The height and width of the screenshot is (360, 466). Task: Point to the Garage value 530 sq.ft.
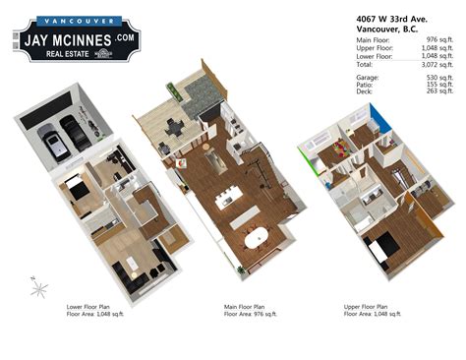pyautogui.click(x=436, y=75)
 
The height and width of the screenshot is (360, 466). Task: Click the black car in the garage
pyautogui.click(x=74, y=130)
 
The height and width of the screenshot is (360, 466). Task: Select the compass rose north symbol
pyautogui.click(x=39, y=288)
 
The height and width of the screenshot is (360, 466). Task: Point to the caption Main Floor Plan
pyautogui.click(x=249, y=306)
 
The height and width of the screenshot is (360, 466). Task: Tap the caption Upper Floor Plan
pyautogui.click(x=367, y=306)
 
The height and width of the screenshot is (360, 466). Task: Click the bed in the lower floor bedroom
pyautogui.click(x=78, y=189)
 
